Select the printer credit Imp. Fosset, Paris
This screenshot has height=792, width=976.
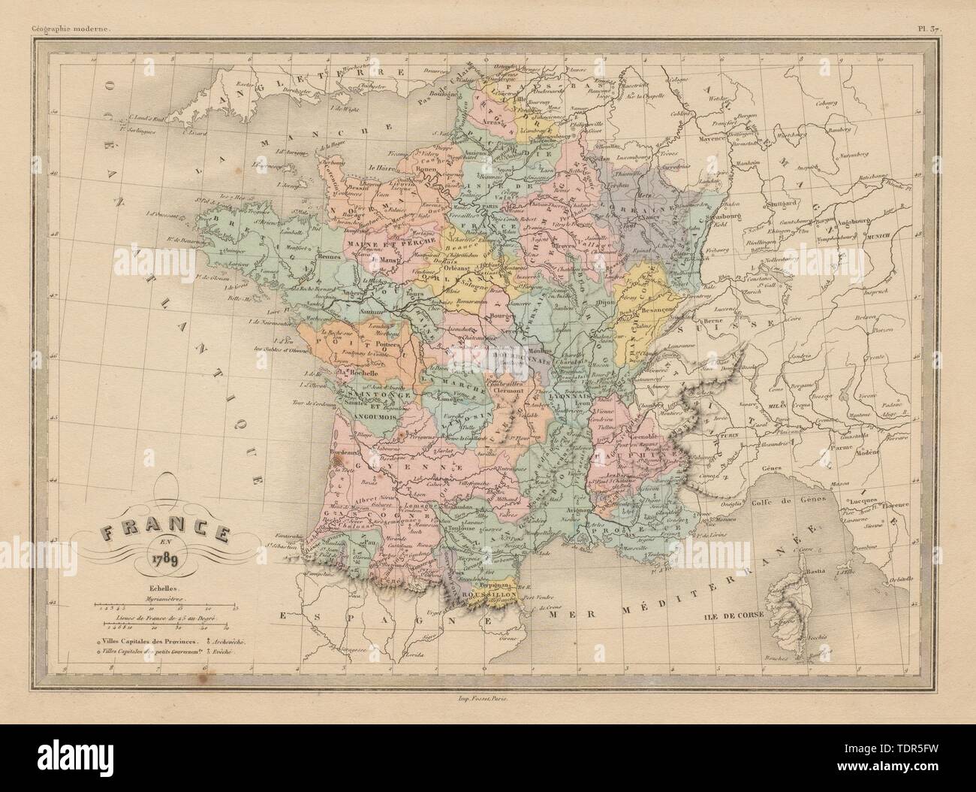tap(487, 698)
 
